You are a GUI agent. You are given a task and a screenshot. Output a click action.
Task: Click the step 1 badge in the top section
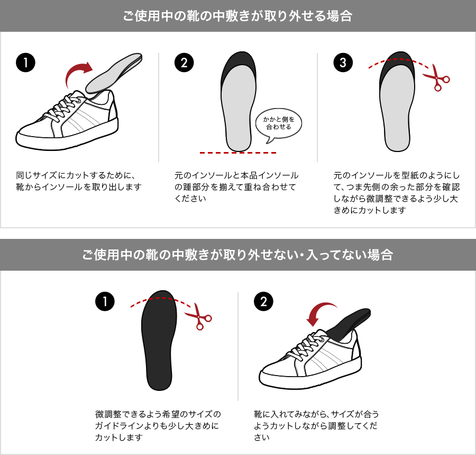pos(25,63)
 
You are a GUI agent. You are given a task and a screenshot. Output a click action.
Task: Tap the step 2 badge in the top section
pos(184,63)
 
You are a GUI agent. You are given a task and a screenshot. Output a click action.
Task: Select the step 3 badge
pos(343,63)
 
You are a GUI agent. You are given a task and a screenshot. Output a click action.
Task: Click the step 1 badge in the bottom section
pos(105,301)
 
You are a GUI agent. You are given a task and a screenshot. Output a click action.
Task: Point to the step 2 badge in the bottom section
pos(263,301)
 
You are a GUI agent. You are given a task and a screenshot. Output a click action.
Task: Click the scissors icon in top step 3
pos(436,77)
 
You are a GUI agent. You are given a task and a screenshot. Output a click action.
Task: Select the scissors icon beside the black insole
pos(198,316)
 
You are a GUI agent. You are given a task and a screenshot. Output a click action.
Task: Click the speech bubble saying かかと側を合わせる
pos(279,123)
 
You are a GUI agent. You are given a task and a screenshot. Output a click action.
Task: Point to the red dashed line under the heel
pos(237,153)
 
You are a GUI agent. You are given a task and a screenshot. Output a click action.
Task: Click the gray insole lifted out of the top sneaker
pos(114,73)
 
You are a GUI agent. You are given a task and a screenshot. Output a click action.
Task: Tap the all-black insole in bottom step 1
pos(159,341)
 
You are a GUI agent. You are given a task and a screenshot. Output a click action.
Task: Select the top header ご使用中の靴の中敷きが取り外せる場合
pos(237,16)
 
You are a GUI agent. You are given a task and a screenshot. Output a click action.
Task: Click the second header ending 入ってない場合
pos(237,255)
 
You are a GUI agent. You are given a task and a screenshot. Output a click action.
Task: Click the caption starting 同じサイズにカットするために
pos(79,181)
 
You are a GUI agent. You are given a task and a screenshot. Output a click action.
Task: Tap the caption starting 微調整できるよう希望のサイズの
pos(158,425)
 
